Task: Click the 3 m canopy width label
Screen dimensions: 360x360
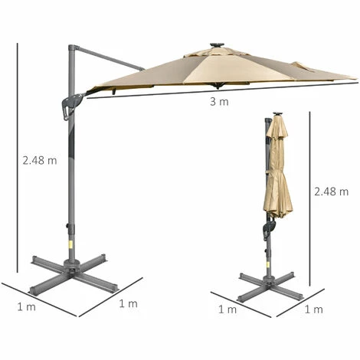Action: [x=219, y=102]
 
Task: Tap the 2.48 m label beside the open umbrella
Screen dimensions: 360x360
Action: [x=40, y=161]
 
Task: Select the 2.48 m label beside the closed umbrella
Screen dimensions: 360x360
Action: [x=331, y=191]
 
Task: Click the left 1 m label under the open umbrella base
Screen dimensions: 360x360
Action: [x=26, y=306]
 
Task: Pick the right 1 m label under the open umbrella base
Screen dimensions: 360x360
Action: [x=128, y=303]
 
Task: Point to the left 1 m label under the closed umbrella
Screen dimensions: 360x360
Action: [x=227, y=309]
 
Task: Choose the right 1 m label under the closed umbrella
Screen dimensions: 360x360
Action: [x=313, y=309]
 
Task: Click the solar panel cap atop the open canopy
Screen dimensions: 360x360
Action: [x=217, y=45]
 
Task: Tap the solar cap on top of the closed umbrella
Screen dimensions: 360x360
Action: [x=277, y=113]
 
